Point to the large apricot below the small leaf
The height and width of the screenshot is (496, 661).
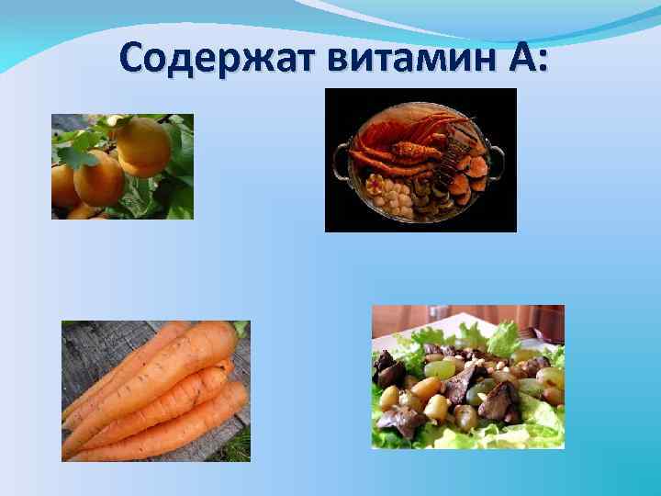point(99,180)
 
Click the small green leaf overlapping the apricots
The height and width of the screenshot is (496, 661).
point(84,155)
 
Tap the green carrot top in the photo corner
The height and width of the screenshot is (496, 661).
point(241,328)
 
